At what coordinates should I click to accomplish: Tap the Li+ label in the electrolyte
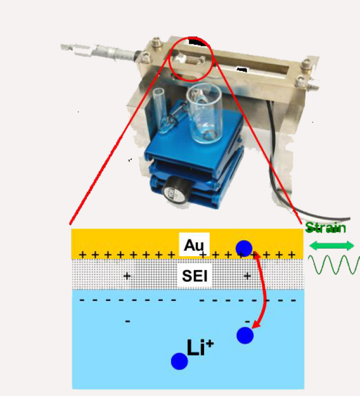(x=199, y=348)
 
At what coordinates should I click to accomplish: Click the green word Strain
(x=325, y=228)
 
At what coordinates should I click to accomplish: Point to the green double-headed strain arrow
(x=331, y=245)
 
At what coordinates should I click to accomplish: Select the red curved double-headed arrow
(x=264, y=291)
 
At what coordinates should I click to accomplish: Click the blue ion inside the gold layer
(x=244, y=248)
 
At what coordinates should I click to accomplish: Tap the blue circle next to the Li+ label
(x=179, y=361)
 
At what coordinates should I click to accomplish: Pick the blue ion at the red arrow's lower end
(x=245, y=335)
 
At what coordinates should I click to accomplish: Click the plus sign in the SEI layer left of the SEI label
(x=127, y=276)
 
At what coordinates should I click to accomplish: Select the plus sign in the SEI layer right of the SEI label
(x=247, y=276)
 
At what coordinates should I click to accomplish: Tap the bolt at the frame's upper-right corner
(x=306, y=64)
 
